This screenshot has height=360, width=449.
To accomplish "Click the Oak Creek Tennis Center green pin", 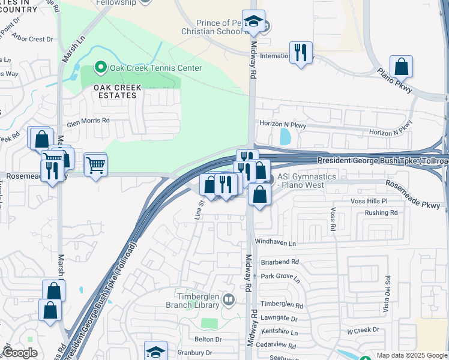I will (x=101, y=68).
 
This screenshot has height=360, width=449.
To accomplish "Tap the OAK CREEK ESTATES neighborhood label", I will (x=118, y=91).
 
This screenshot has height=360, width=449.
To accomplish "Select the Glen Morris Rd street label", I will (x=88, y=120).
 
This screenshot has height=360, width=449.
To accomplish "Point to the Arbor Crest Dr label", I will (x=32, y=39).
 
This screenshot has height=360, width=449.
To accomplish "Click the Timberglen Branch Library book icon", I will (x=228, y=299).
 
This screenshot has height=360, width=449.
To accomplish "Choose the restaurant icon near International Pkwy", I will (x=300, y=52).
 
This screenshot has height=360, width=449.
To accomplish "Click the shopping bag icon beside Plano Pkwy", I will (x=401, y=67).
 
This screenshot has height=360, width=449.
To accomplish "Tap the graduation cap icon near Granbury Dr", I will (x=155, y=351).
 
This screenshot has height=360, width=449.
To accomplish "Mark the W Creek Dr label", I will (x=364, y=330).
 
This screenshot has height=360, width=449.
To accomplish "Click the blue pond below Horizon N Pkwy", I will (x=285, y=137).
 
